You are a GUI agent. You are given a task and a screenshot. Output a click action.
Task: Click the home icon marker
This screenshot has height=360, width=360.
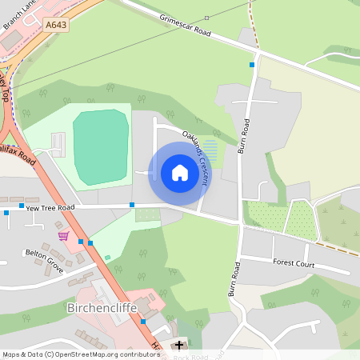click(179, 173)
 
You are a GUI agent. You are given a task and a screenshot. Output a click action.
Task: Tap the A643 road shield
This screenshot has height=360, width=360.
click(57, 25)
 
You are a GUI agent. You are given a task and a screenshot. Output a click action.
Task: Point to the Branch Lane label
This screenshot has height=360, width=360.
click(17, 15)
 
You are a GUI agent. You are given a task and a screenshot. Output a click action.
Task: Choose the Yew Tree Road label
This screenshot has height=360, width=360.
click(50, 206)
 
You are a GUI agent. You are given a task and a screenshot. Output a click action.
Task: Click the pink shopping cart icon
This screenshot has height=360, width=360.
click(63, 237)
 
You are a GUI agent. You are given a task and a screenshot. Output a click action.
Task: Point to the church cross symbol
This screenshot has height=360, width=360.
click(178, 346)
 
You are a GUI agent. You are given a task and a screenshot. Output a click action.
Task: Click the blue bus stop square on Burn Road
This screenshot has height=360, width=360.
click(252, 64)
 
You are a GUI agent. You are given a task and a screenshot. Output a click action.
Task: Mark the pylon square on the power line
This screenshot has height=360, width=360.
click(206, 17)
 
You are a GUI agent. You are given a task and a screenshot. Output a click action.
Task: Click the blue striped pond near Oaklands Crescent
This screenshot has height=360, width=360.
click(210, 149)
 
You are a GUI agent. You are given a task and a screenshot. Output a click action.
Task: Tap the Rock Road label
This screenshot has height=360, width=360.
click(192, 357)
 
